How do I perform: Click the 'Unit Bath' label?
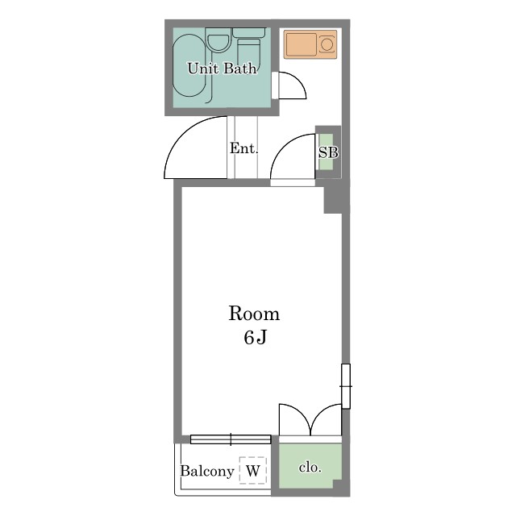click(x=222, y=69)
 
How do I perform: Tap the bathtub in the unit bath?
click(x=189, y=65)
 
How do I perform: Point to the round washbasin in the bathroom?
click(x=218, y=43)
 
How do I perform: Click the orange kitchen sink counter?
click(x=310, y=44)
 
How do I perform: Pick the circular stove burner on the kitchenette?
click(x=327, y=44)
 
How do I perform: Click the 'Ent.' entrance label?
click(x=243, y=148)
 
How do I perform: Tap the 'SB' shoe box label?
click(x=328, y=152)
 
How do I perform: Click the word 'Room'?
click(x=254, y=314)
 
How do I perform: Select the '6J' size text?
click(x=255, y=337)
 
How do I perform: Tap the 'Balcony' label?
click(x=207, y=471)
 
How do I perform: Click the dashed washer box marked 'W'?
click(x=252, y=470)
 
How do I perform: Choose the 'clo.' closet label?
click(x=310, y=468)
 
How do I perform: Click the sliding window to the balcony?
click(x=231, y=439)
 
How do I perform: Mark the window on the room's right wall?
click(x=346, y=386)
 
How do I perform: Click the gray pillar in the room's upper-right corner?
click(x=333, y=200)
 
